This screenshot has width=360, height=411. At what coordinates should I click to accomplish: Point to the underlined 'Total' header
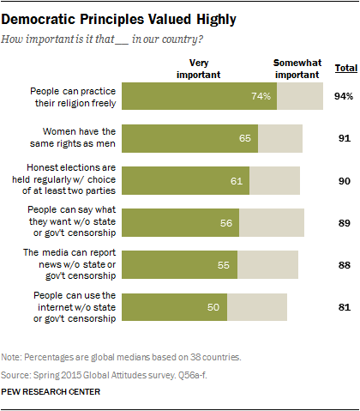[x=345, y=67]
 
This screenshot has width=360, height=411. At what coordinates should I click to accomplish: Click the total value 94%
[x=345, y=96]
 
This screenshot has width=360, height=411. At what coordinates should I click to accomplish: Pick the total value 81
[x=345, y=306]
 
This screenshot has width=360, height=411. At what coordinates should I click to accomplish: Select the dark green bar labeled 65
[x=190, y=138]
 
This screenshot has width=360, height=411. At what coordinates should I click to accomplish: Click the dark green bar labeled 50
[x=175, y=306]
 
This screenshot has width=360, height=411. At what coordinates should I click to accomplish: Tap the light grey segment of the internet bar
[x=257, y=306]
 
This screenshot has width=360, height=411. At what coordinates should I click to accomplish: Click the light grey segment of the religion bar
[x=299, y=96]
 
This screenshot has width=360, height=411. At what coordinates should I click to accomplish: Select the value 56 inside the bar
[x=226, y=222]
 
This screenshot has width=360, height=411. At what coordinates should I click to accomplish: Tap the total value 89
[x=345, y=222]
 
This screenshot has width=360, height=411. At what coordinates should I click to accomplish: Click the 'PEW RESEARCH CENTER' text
[x=51, y=391]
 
